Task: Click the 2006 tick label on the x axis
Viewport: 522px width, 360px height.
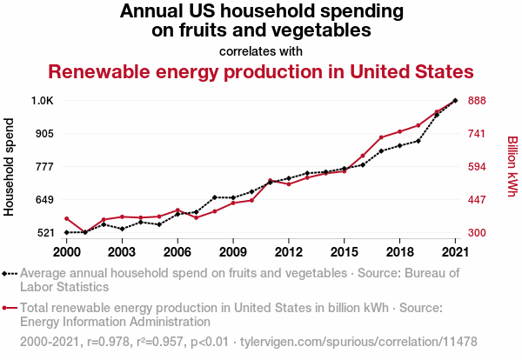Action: [177, 252]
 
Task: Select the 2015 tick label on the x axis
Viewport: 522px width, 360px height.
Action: [344, 252]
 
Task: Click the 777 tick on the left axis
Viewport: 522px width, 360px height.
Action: [43, 167]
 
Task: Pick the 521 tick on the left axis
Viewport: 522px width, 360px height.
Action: [43, 233]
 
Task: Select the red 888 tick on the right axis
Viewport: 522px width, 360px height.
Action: [477, 101]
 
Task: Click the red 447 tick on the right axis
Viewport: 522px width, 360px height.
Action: [477, 200]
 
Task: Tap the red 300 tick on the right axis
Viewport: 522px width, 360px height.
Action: [477, 233]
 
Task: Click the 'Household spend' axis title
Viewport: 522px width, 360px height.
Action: [10, 167]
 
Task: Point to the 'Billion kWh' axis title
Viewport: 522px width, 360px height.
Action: [512, 166]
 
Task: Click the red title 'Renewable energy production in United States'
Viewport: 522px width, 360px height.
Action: [260, 71]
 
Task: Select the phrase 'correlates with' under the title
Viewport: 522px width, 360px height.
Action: [261, 50]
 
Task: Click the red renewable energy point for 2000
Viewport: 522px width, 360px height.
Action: [67, 218]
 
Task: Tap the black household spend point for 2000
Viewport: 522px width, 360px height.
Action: [67, 232]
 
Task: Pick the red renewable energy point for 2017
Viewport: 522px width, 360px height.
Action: [381, 137]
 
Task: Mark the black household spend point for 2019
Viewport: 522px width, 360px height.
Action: [418, 141]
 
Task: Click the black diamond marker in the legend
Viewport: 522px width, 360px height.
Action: [6, 273]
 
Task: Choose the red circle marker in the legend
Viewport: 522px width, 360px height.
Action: [6, 307]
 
